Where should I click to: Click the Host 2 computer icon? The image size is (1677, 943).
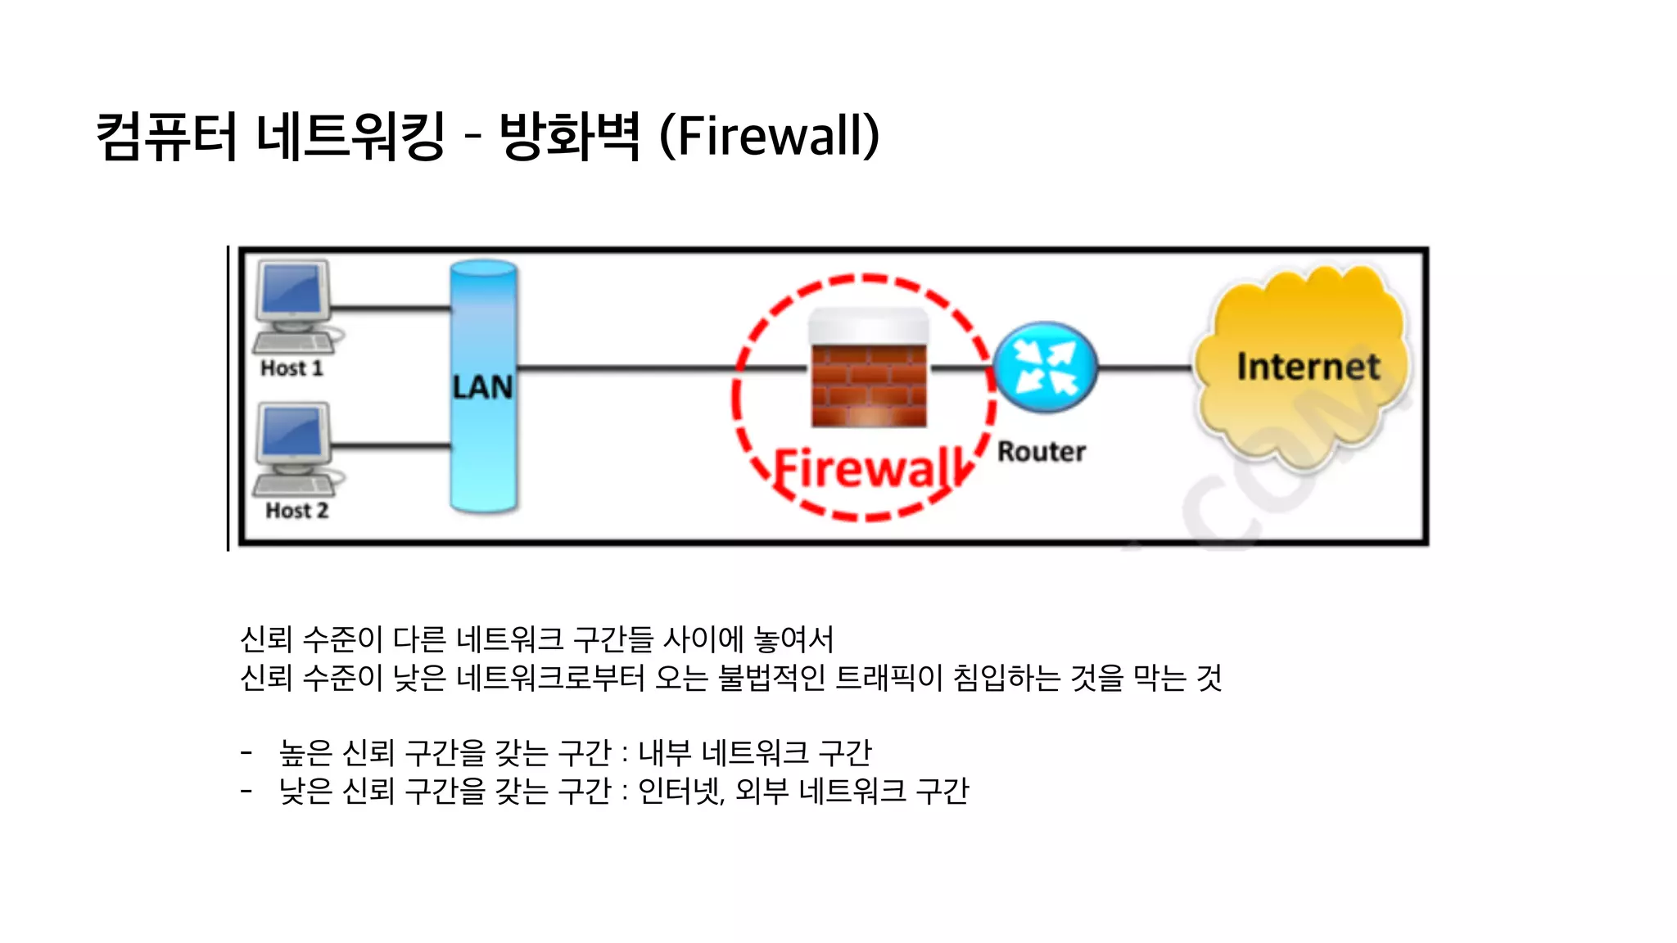pos(293,447)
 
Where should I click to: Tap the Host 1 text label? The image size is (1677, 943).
pos(292,369)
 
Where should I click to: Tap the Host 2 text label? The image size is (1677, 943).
pos(296,511)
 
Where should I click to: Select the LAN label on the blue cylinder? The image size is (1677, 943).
pos(483,387)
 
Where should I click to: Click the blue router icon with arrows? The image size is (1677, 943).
pos(1045,368)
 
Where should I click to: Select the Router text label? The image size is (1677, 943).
pos(1042,452)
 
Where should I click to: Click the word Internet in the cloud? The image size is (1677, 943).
pos(1308,367)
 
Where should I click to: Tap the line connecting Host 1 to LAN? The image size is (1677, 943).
pos(391,309)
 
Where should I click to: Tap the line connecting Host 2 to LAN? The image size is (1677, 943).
pos(391,446)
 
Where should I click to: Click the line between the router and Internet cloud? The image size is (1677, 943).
pos(1145,368)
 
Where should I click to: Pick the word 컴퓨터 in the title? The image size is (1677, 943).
pos(166,136)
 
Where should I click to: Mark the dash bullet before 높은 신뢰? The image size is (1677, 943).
pos(246,751)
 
